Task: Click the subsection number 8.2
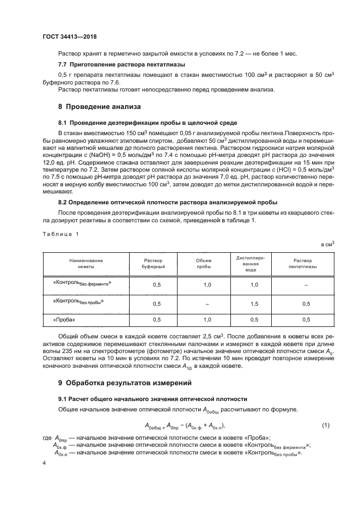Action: (62, 201)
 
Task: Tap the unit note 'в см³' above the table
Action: (327, 245)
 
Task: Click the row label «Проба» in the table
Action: (64, 319)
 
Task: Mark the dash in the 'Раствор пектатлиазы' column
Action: (306, 284)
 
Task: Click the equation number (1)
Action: (326, 410)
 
